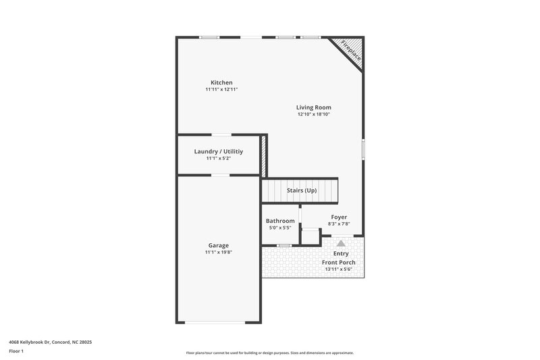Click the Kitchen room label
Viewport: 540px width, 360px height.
pos(221,82)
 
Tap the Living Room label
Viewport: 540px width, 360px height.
pos(314,107)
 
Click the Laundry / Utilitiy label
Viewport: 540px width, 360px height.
pos(219,151)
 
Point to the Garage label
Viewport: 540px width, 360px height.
pos(218,245)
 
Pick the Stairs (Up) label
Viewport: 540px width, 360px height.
pos(302,190)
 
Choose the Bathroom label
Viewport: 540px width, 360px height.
pos(280,221)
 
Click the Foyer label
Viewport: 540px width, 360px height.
pos(339,217)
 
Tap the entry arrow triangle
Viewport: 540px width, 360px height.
pos(341,242)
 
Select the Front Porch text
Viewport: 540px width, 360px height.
pos(339,262)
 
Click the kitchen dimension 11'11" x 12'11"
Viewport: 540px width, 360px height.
pos(221,90)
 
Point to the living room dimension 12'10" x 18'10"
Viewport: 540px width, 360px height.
pos(314,114)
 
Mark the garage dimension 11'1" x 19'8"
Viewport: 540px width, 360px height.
pos(218,253)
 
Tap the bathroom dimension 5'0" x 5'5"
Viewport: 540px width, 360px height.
pos(280,228)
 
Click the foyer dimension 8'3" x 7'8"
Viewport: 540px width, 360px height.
pos(339,224)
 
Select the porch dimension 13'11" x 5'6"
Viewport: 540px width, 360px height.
pos(339,269)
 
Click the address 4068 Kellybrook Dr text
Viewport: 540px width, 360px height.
pos(51,342)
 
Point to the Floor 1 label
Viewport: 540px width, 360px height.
pos(16,351)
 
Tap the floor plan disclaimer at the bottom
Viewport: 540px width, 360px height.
pos(270,353)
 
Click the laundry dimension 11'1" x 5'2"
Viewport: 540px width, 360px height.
pos(219,159)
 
